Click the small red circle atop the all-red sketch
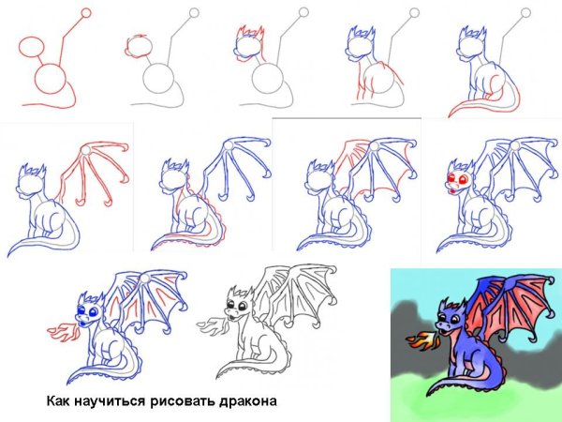[x=87, y=13]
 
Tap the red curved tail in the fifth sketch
[x=478, y=106]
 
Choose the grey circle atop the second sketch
[x=195, y=13]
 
